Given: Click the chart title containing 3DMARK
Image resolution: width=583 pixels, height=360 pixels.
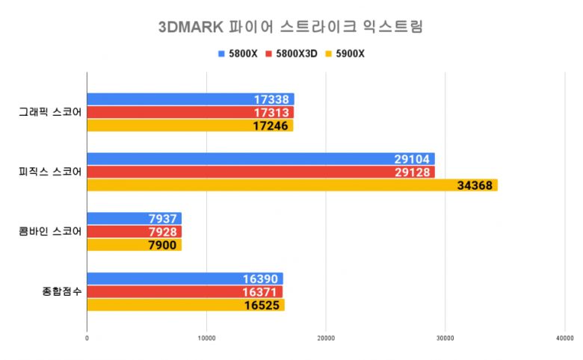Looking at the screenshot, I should point(291,28).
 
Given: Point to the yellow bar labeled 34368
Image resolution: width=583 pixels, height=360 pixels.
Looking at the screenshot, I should point(291,185).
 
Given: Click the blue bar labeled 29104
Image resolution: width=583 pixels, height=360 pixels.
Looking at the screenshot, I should point(260,159).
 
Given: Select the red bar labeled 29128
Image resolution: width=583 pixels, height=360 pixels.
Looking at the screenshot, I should point(260,173).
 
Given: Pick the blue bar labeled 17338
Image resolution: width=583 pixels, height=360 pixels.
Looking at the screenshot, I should point(190,99).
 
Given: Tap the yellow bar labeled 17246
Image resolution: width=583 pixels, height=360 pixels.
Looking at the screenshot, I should point(190,125).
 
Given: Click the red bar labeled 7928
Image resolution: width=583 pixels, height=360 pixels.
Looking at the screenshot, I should point(134,232).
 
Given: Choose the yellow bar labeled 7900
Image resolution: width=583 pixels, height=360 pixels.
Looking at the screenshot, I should point(134,245).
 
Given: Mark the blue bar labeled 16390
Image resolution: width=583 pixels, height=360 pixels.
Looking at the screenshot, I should point(185,279).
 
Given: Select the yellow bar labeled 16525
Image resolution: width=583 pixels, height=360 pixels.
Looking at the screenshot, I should point(185,305).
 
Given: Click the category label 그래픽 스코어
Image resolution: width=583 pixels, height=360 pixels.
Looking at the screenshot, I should point(50,113).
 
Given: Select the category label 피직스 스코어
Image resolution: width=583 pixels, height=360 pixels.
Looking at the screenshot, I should point(50,173).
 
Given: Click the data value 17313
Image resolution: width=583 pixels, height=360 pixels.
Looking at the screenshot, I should point(272,113).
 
